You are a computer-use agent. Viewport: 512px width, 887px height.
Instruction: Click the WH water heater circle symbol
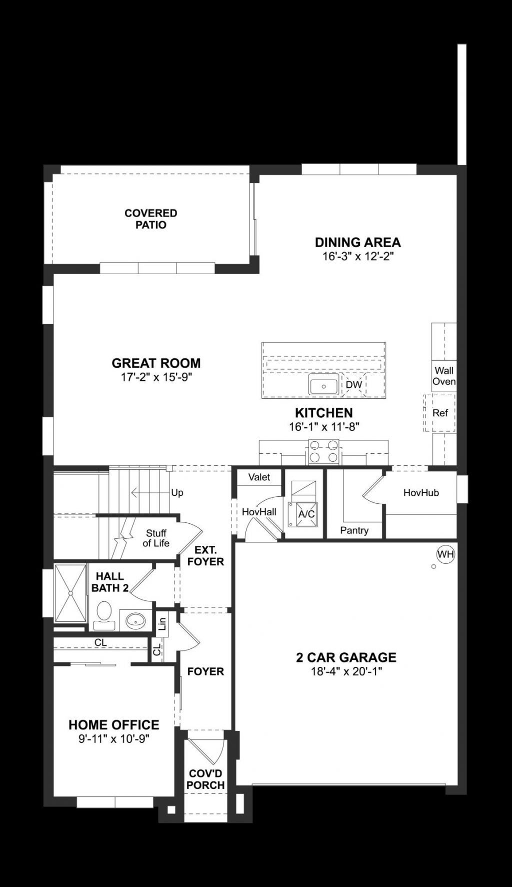445,554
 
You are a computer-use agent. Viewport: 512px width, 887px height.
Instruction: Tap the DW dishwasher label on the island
353,385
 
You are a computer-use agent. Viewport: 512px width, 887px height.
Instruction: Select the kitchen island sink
323,386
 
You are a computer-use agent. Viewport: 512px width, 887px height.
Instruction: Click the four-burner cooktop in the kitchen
323,451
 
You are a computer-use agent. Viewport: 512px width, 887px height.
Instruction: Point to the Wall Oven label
444,376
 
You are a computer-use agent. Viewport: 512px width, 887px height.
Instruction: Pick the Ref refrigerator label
440,413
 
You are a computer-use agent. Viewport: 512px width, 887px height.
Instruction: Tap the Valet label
259,477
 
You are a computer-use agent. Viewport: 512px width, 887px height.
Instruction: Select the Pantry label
354,530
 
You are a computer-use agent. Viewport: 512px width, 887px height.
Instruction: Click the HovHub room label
421,493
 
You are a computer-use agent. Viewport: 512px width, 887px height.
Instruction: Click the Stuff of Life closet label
156,538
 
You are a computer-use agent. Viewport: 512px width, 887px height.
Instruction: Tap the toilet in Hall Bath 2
104,615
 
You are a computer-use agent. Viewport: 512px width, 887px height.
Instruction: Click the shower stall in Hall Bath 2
70,593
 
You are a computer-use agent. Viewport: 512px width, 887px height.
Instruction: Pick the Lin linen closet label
161,624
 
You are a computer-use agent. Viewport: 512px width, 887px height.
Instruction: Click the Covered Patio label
151,219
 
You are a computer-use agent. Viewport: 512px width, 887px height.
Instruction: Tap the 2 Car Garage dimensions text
346,671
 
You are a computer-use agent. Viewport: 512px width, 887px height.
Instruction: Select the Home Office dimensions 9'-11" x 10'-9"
114,739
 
